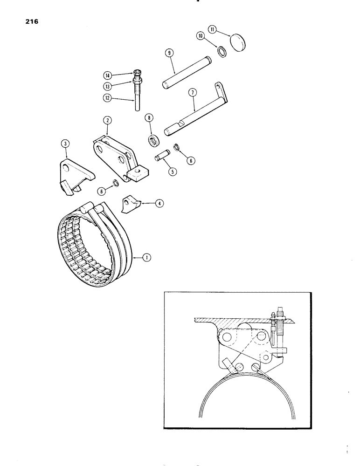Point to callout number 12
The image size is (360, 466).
tap(107, 98)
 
